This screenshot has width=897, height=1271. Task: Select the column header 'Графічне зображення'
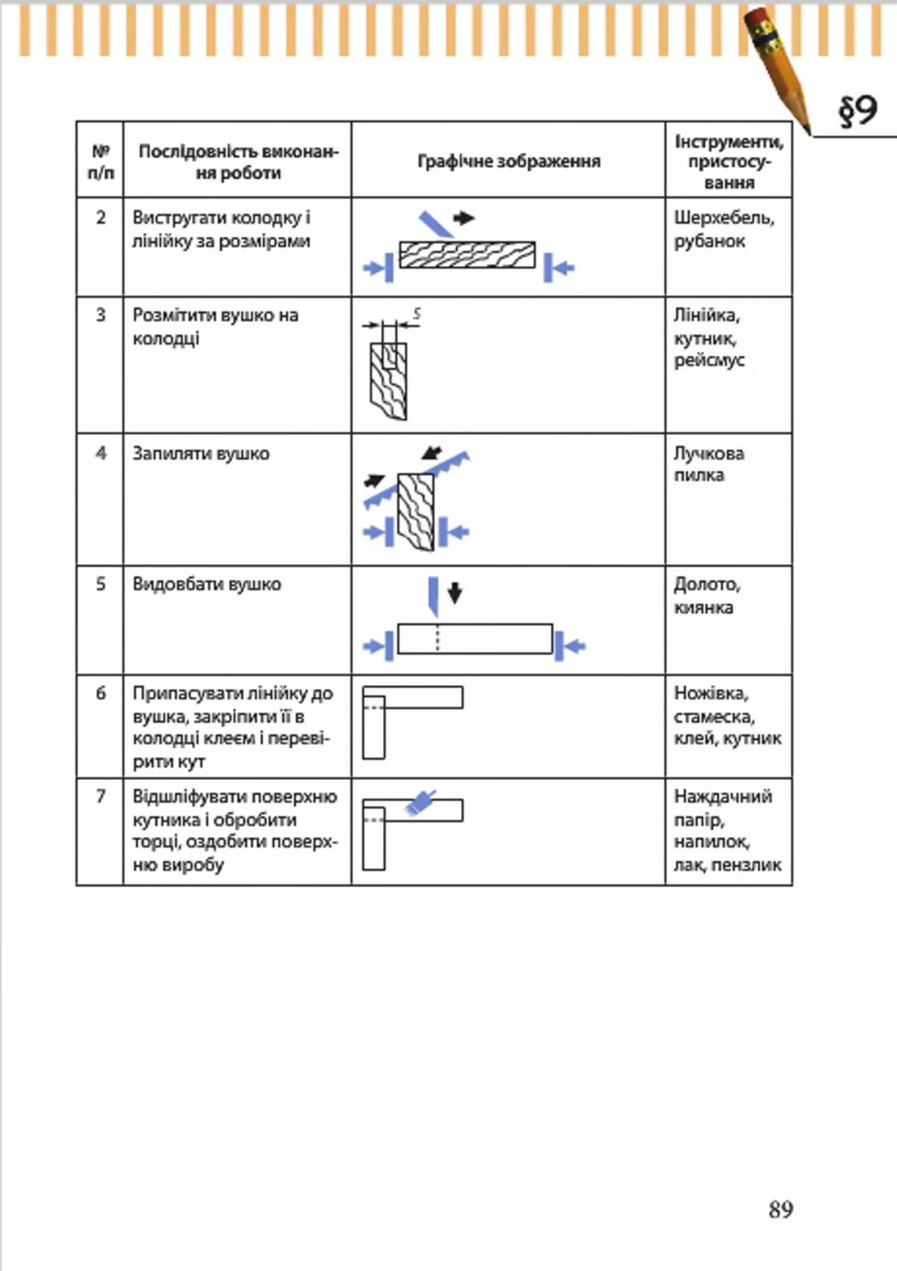tap(509, 161)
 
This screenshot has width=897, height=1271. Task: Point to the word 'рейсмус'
tap(709, 360)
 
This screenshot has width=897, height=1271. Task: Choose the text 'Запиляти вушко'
tap(201, 454)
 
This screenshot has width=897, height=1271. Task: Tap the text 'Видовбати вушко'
tap(207, 584)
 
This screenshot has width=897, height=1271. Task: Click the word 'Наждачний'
tap(723, 796)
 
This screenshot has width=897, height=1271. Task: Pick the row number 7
tap(100, 796)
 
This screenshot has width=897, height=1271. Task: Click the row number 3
tap(100, 315)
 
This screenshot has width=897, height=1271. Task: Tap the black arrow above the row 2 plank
tap(463, 218)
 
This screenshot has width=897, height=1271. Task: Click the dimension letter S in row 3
tap(417, 314)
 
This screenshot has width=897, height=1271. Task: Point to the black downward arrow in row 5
tap(455, 593)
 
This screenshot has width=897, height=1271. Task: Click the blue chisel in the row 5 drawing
tap(433, 595)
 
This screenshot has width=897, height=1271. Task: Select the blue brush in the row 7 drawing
tap(420, 802)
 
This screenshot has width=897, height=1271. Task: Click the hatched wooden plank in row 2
tap(467, 255)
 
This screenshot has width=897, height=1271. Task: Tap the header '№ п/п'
tap(100, 162)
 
